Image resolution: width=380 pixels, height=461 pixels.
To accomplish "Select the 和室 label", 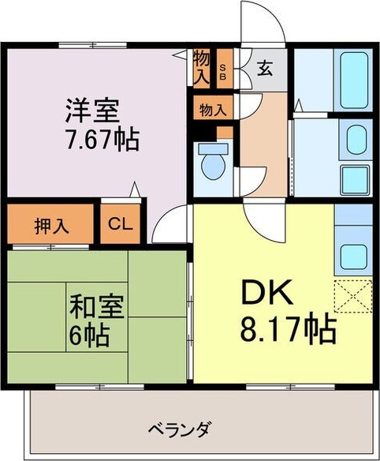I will pyautogui.click(x=91, y=306).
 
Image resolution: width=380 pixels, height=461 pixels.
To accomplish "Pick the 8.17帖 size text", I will pyautogui.click(x=288, y=327).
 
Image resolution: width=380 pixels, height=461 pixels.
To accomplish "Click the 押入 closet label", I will pyautogui.click(x=52, y=225).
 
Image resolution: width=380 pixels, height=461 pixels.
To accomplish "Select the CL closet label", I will pyautogui.click(x=121, y=225).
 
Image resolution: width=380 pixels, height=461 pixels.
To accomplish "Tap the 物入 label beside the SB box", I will pyautogui.click(x=202, y=68).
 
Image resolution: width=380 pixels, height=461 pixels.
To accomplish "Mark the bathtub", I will pyautogui.click(x=349, y=80).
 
